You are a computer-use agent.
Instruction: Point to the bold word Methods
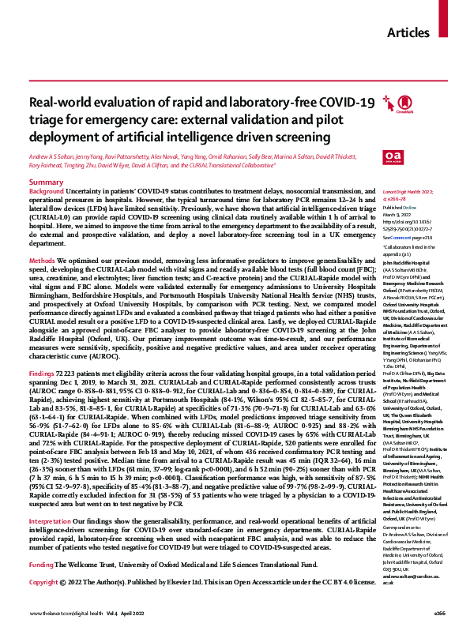click(42, 260)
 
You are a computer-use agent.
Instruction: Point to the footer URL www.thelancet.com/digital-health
click(63, 614)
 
